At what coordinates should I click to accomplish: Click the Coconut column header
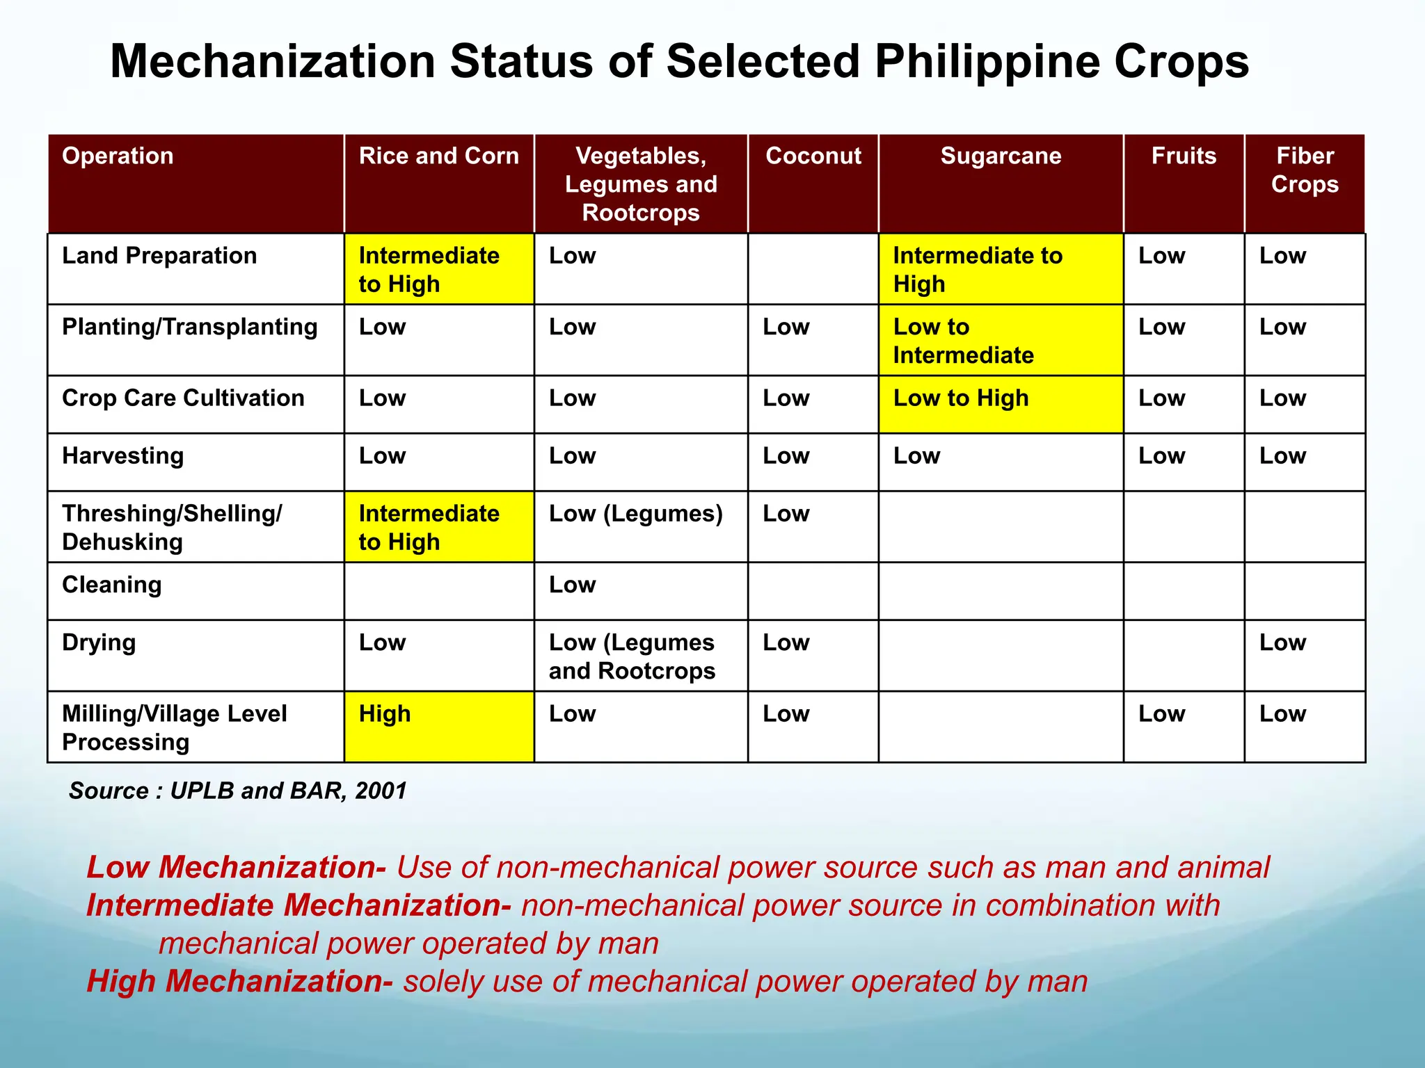click(x=813, y=156)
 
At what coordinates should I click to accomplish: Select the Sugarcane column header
click(x=1001, y=156)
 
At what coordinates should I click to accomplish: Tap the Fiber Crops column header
click(x=1305, y=170)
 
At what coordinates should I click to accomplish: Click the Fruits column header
click(x=1184, y=156)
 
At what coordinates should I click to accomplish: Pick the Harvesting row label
click(x=123, y=456)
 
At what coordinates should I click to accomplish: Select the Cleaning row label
click(x=112, y=585)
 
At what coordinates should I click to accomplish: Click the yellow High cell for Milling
click(x=439, y=726)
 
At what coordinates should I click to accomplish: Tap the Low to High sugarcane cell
click(x=1001, y=404)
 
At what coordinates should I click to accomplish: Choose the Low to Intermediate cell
click(x=1001, y=341)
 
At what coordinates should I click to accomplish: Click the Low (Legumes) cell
click(x=636, y=515)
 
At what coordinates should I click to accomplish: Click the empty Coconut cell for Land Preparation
click(x=813, y=268)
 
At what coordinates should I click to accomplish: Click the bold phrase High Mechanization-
click(x=239, y=981)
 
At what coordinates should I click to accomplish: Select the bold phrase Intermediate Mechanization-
click(x=298, y=905)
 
